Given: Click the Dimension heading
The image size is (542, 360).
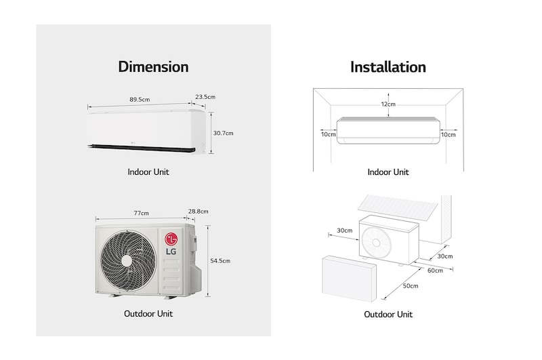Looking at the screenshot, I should pos(153,66).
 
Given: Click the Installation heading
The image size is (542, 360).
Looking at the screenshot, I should pos(388,66).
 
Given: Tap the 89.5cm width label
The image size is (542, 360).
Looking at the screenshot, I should pos(140,100).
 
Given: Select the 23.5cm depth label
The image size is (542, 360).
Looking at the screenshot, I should pos(205,97).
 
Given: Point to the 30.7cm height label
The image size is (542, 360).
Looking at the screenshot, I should pos(223,133).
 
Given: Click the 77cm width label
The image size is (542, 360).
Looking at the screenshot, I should pos(141,213).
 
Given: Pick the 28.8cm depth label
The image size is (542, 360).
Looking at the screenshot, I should pos(198,212).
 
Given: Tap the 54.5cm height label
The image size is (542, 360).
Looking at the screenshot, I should pos(221,260).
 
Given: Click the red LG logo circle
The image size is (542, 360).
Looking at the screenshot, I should pos(171,239).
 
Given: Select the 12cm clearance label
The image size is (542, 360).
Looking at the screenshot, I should pos(388,104).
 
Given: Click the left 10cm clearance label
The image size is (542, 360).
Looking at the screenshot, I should pos(329,134).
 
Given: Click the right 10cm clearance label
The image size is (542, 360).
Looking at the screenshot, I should pos(448,134).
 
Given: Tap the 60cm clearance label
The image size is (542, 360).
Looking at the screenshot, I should pos(434,270).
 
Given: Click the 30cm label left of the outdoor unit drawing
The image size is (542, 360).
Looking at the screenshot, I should pos(344,231).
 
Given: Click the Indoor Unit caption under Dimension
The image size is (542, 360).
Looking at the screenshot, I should pos(148,172).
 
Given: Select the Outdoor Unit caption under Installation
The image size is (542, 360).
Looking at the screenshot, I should pos(388,314).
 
